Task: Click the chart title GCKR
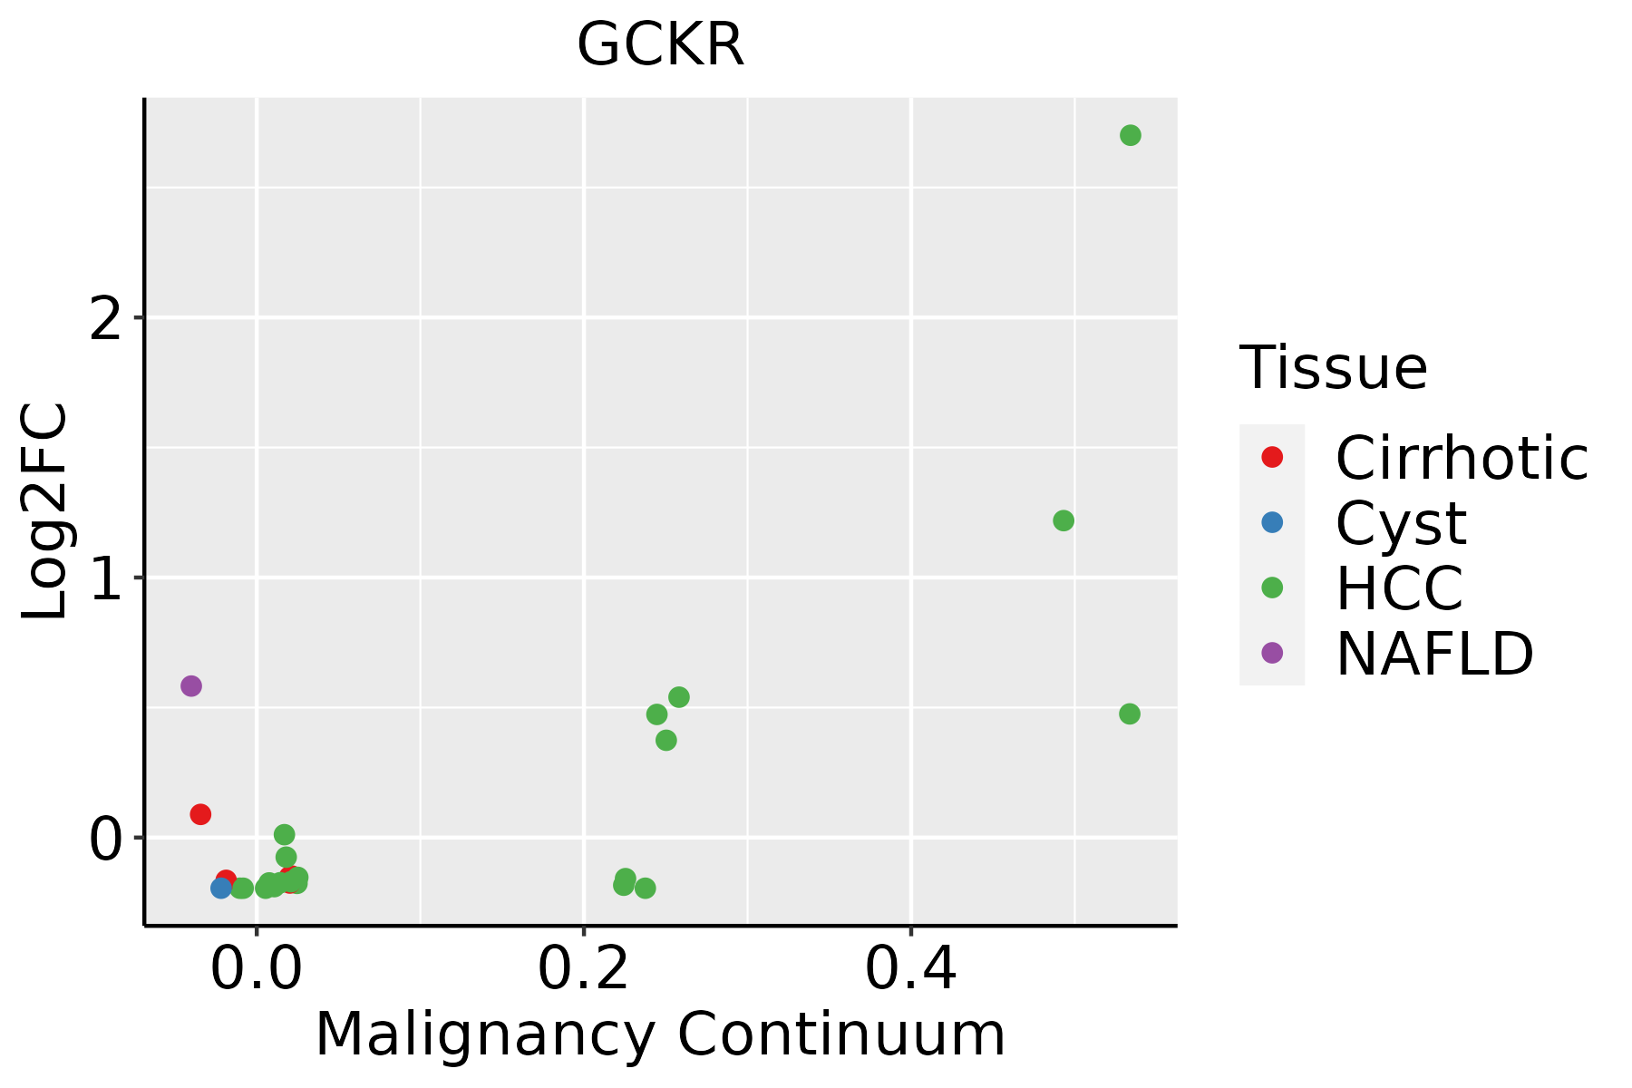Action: (660, 45)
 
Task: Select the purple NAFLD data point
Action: (190, 685)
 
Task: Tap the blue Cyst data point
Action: (221, 888)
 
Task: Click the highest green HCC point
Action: (1130, 135)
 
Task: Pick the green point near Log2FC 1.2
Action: (1064, 520)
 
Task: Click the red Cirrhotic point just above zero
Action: (200, 814)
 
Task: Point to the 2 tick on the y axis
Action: (106, 319)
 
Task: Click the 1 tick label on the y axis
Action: (106, 578)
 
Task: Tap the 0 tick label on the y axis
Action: (106, 839)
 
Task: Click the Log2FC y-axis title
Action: (45, 511)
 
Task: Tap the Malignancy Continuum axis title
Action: (660, 1035)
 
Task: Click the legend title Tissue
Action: (1333, 368)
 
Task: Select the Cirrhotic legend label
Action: (1462, 458)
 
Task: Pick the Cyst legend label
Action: (1401, 523)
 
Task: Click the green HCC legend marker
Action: (1272, 588)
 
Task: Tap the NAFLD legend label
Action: (1434, 653)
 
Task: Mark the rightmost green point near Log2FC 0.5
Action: (1129, 714)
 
